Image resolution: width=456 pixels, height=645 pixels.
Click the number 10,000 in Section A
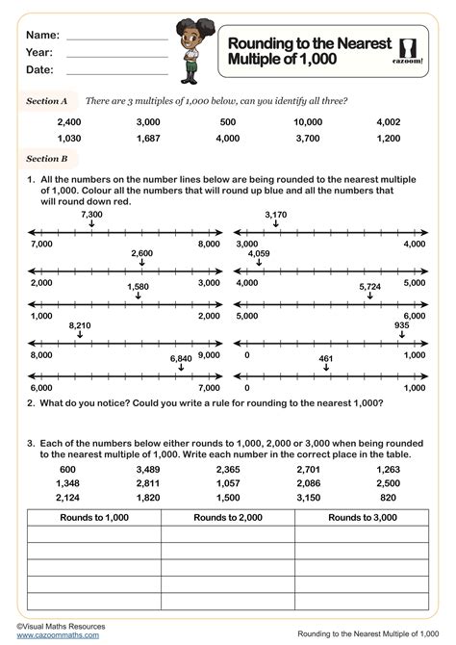pos(308,122)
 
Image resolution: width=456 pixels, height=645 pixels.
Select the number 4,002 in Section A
pos(389,122)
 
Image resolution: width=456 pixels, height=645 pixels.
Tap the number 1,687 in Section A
pos(148,139)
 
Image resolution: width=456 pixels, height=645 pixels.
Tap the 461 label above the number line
pos(328,358)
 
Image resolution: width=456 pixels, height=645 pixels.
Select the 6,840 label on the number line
pos(180,358)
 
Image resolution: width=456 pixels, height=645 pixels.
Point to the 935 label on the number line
pos(401,326)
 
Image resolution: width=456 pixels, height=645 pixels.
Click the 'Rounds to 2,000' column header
pos(227,517)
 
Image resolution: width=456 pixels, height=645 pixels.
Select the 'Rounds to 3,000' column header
pos(362,517)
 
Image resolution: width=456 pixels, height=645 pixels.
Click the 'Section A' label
pos(46,99)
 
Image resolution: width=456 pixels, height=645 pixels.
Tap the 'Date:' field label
pos(39,69)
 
